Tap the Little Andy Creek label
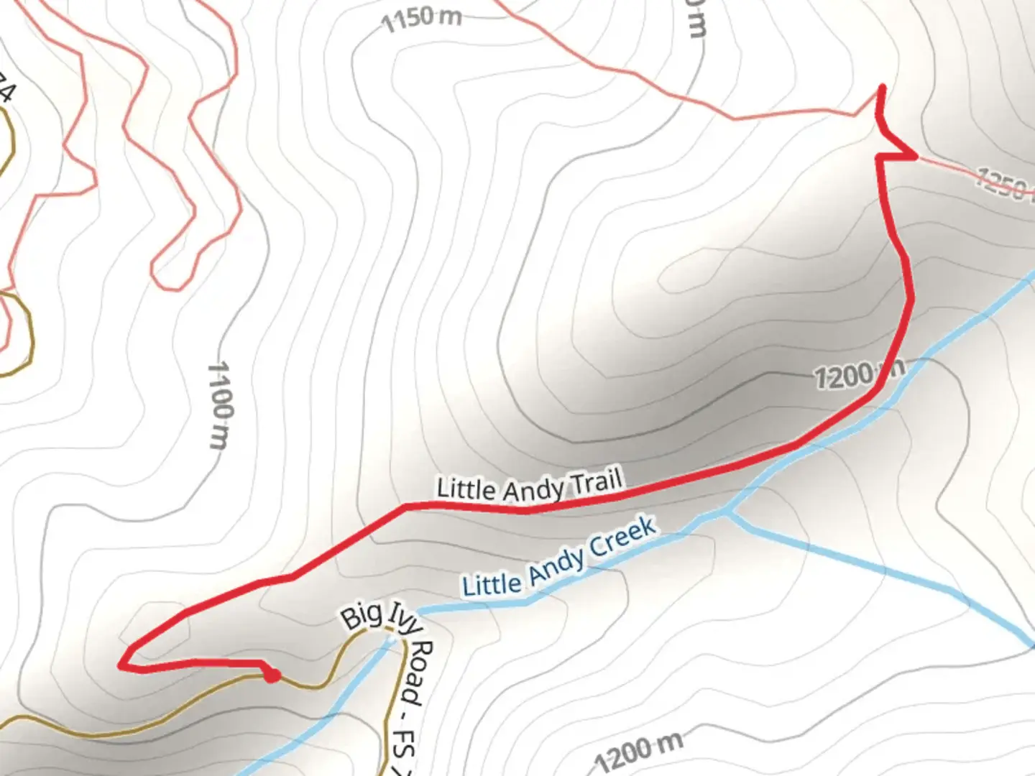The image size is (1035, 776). (559, 558)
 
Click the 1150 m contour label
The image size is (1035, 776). (421, 18)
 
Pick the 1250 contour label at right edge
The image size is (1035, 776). (1003, 184)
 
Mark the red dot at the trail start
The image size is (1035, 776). (272, 675)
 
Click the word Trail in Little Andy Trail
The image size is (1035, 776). (596, 482)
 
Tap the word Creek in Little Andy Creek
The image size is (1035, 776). (622, 536)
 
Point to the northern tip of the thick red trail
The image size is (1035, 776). (882, 88)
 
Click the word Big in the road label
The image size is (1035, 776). (361, 617)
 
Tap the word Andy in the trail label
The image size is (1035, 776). (533, 491)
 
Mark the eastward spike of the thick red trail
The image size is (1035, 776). (915, 155)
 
